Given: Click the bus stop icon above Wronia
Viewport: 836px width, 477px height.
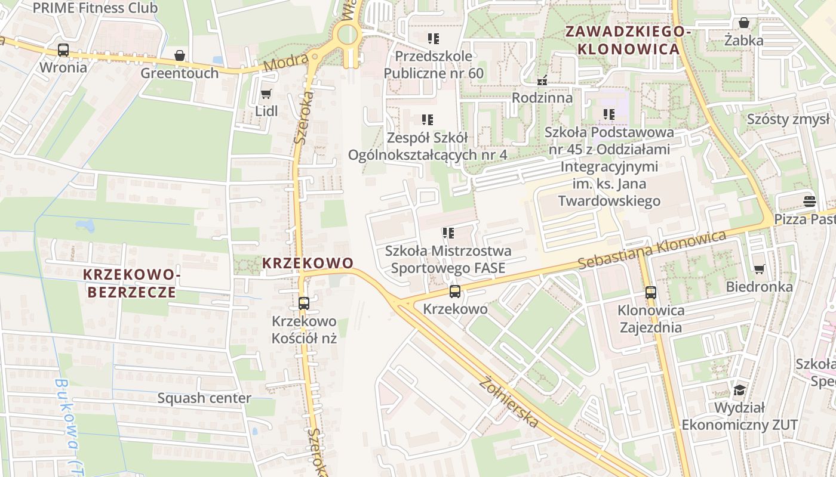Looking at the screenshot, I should (63, 50).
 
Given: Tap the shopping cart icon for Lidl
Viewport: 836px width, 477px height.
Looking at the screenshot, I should (266, 94).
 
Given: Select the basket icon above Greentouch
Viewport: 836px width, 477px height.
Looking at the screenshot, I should (180, 56).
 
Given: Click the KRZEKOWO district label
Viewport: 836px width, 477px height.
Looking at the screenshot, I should (308, 263).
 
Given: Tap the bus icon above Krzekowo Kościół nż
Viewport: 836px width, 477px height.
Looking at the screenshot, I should (303, 303).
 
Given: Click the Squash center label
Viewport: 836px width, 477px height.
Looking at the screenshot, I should (204, 398).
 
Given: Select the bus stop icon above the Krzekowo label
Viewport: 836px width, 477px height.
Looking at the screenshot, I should (455, 292).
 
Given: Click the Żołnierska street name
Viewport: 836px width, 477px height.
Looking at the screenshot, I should (509, 402).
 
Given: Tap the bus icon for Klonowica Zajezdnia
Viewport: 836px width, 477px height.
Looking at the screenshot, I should (650, 293).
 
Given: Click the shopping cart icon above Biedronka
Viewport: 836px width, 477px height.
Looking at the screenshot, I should (759, 270).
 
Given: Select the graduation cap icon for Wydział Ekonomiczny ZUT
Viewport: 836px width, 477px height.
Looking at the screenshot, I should (739, 391).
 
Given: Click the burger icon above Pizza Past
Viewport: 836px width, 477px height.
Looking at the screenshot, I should (809, 202).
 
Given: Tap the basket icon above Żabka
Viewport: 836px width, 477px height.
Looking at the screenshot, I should (744, 23).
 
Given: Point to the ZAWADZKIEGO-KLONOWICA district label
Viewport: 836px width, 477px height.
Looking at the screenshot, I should (628, 40).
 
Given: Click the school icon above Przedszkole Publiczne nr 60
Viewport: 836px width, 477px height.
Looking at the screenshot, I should (433, 39).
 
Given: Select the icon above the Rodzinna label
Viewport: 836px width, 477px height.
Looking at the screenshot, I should (542, 80).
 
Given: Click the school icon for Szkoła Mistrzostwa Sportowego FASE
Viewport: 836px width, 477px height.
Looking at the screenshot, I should (448, 233).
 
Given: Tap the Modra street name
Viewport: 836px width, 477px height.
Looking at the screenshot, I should (294, 62).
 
